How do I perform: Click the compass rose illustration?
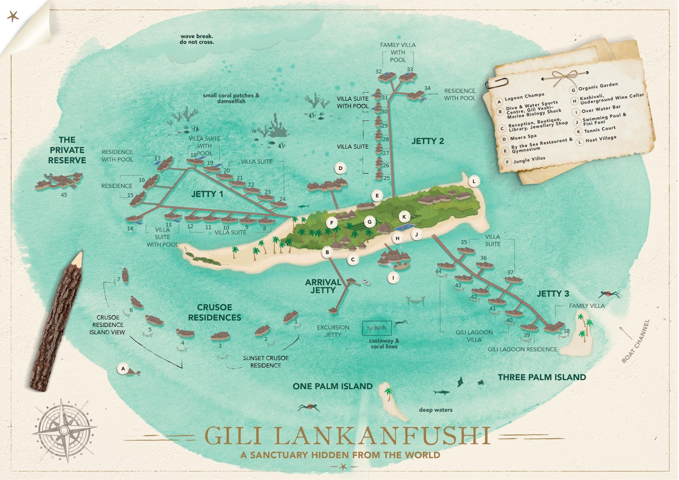click(x=64, y=430)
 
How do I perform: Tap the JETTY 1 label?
click(x=207, y=194)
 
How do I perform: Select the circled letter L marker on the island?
click(x=473, y=181)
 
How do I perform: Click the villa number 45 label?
click(x=64, y=195)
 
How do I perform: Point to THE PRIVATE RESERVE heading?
click(x=67, y=150)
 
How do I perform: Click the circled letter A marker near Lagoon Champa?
click(x=123, y=368)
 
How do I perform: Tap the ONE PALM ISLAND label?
click(x=333, y=387)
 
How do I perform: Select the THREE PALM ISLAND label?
click(x=542, y=377)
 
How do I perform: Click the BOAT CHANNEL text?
click(x=635, y=341)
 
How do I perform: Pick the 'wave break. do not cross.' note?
click(x=197, y=39)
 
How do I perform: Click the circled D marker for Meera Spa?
click(x=340, y=168)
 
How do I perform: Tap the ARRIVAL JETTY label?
click(x=323, y=286)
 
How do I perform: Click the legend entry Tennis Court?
click(x=599, y=129)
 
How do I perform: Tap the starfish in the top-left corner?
click(x=13, y=16)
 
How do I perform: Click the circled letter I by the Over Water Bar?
click(x=393, y=278)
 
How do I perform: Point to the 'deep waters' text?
click(x=435, y=410)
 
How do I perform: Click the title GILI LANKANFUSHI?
click(x=346, y=435)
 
